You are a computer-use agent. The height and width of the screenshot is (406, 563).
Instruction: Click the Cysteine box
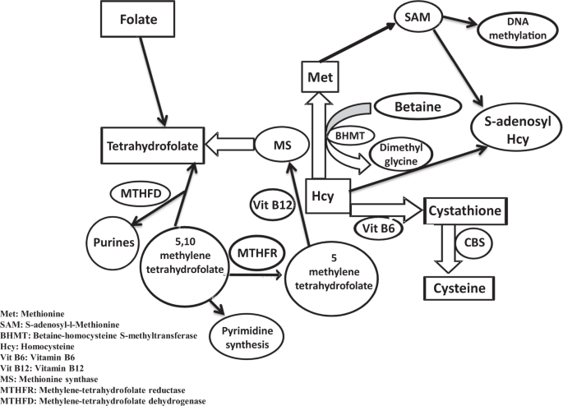(x=464, y=288)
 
